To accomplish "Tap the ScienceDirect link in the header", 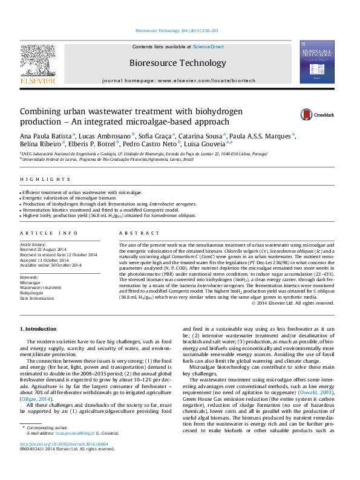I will (208, 47).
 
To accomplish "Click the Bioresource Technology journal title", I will (177, 62).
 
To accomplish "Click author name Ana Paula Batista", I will (46, 134).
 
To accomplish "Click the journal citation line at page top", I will (177, 30).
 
